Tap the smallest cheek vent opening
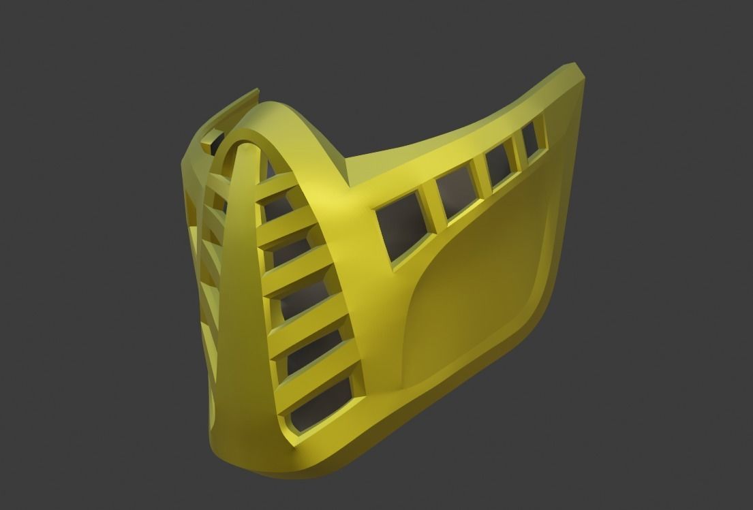tap(532, 138)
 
